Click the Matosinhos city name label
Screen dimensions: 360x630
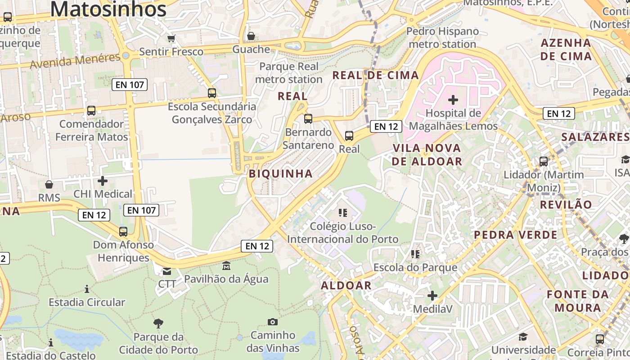point(108,9)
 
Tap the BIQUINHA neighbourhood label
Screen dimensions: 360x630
point(281,174)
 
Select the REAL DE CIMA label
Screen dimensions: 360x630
point(375,75)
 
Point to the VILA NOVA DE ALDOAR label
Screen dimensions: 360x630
point(427,154)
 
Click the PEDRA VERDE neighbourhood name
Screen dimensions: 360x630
point(515,235)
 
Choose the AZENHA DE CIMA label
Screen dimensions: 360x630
point(566,49)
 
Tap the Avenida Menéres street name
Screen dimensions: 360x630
point(75,61)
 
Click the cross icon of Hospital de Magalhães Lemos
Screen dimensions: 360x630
point(453,99)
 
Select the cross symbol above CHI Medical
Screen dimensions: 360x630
point(103,181)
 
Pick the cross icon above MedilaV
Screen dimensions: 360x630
point(432,296)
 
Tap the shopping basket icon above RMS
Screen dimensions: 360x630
point(49,184)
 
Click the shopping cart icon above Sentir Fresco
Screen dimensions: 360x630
point(171,39)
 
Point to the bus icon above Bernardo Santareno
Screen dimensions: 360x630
point(308,119)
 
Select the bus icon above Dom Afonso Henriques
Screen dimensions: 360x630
point(123,232)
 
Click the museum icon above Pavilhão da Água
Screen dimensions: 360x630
point(226,266)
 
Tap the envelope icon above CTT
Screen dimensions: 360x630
point(167,271)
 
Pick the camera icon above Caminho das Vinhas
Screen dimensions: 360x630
point(272,322)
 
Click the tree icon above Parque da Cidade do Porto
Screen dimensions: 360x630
point(158,323)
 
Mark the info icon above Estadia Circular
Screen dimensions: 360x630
point(87,288)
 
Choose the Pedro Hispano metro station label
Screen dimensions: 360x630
point(442,38)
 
